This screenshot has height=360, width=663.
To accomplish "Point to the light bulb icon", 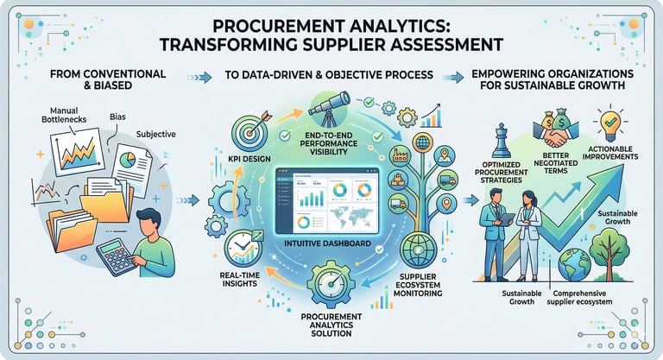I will click(x=609, y=119).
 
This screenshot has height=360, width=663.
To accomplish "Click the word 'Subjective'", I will click(x=157, y=134).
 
